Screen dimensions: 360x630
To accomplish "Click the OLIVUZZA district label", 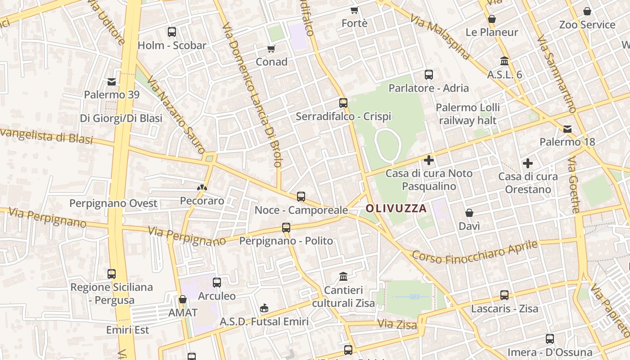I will (396, 208).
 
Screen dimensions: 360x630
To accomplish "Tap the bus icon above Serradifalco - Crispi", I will (343, 103).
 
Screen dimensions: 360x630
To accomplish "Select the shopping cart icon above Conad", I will (271, 49).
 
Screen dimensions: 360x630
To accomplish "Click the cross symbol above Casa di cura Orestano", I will (528, 163).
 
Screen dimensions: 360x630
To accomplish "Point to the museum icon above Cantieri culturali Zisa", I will (343, 276).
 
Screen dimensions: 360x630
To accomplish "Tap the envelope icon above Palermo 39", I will (112, 82).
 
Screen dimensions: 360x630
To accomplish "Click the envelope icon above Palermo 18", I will (567, 129).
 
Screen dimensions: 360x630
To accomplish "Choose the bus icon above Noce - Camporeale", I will (301, 197).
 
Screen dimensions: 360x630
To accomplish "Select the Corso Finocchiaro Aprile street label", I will (475, 253).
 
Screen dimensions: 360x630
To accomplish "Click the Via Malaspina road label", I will (440, 36).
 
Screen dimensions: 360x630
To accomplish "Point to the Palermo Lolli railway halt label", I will (468, 114).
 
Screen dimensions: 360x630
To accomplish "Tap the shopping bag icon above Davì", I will (469, 213).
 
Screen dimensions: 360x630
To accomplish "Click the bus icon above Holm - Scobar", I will (171, 32).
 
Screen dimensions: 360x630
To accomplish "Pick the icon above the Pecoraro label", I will (202, 188).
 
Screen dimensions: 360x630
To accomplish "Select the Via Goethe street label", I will (574, 184).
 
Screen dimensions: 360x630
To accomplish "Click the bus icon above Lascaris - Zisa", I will (504, 295).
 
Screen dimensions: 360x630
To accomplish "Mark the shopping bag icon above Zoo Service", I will (587, 11).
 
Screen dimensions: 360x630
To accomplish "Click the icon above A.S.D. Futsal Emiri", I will (264, 308).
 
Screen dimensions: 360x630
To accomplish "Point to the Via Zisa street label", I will (397, 324).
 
